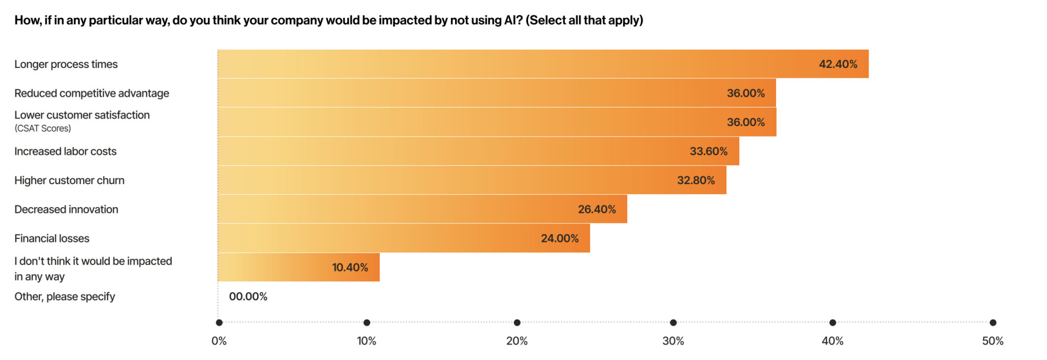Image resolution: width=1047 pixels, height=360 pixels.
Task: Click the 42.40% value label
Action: pyautogui.click(x=838, y=64)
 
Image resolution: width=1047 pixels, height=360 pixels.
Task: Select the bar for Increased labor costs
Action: pyautogui.click(x=478, y=151)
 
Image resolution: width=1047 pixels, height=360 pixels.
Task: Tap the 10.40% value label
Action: pyautogui.click(x=350, y=267)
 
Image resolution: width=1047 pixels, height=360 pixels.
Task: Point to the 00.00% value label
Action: pyautogui.click(x=248, y=297)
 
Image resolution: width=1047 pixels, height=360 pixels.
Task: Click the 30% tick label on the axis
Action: pyautogui.click(x=673, y=341)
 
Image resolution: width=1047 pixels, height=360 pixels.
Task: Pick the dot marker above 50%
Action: pyautogui.click(x=993, y=323)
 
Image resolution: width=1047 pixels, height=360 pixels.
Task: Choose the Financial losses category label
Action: pyautogui.click(x=52, y=239)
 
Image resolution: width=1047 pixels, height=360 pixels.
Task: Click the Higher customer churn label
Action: pyautogui.click(x=70, y=181)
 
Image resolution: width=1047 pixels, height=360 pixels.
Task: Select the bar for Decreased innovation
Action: pyautogui.click(x=422, y=209)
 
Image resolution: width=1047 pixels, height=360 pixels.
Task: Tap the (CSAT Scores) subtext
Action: pyautogui.click(x=42, y=128)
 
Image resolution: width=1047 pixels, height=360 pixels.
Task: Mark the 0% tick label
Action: pyautogui.click(x=219, y=341)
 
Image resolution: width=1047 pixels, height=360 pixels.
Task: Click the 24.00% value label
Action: pyautogui.click(x=560, y=239)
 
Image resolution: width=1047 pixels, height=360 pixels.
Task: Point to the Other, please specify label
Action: pyautogui.click(x=64, y=297)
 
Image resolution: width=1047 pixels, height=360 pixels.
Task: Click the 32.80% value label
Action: pyautogui.click(x=696, y=181)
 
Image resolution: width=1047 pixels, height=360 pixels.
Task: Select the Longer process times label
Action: pyautogui.click(x=66, y=64)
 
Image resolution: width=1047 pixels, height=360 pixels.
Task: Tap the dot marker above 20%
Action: pyautogui.click(x=517, y=323)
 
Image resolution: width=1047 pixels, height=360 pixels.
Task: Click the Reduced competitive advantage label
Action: pyautogui.click(x=92, y=94)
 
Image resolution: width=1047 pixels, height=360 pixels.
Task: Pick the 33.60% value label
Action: pyautogui.click(x=709, y=151)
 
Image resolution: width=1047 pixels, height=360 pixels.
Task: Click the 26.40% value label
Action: pyautogui.click(x=597, y=210)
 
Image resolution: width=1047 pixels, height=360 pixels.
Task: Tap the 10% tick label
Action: pyautogui.click(x=367, y=341)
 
